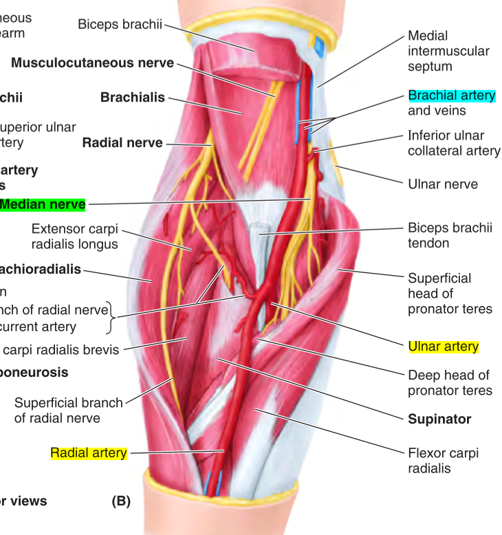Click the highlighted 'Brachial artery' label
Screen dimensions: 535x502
click(452, 96)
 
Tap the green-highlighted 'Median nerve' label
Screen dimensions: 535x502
click(43, 204)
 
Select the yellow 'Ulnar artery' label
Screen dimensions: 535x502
click(443, 347)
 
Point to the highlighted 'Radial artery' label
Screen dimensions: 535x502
click(89, 452)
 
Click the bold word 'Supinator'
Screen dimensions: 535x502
click(439, 419)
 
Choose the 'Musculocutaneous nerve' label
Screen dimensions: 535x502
click(93, 63)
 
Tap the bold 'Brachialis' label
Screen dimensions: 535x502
click(133, 98)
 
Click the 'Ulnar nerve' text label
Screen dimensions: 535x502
click(443, 184)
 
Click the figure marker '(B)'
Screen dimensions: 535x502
click(121, 501)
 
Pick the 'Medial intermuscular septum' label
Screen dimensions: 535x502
click(448, 51)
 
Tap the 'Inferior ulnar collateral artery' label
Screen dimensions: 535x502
click(454, 143)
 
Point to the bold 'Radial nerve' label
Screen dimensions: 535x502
click(122, 143)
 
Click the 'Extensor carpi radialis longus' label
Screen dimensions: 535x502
click(75, 235)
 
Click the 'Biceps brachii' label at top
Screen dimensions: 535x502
click(120, 25)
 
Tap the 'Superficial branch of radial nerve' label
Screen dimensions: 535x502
click(68, 411)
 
